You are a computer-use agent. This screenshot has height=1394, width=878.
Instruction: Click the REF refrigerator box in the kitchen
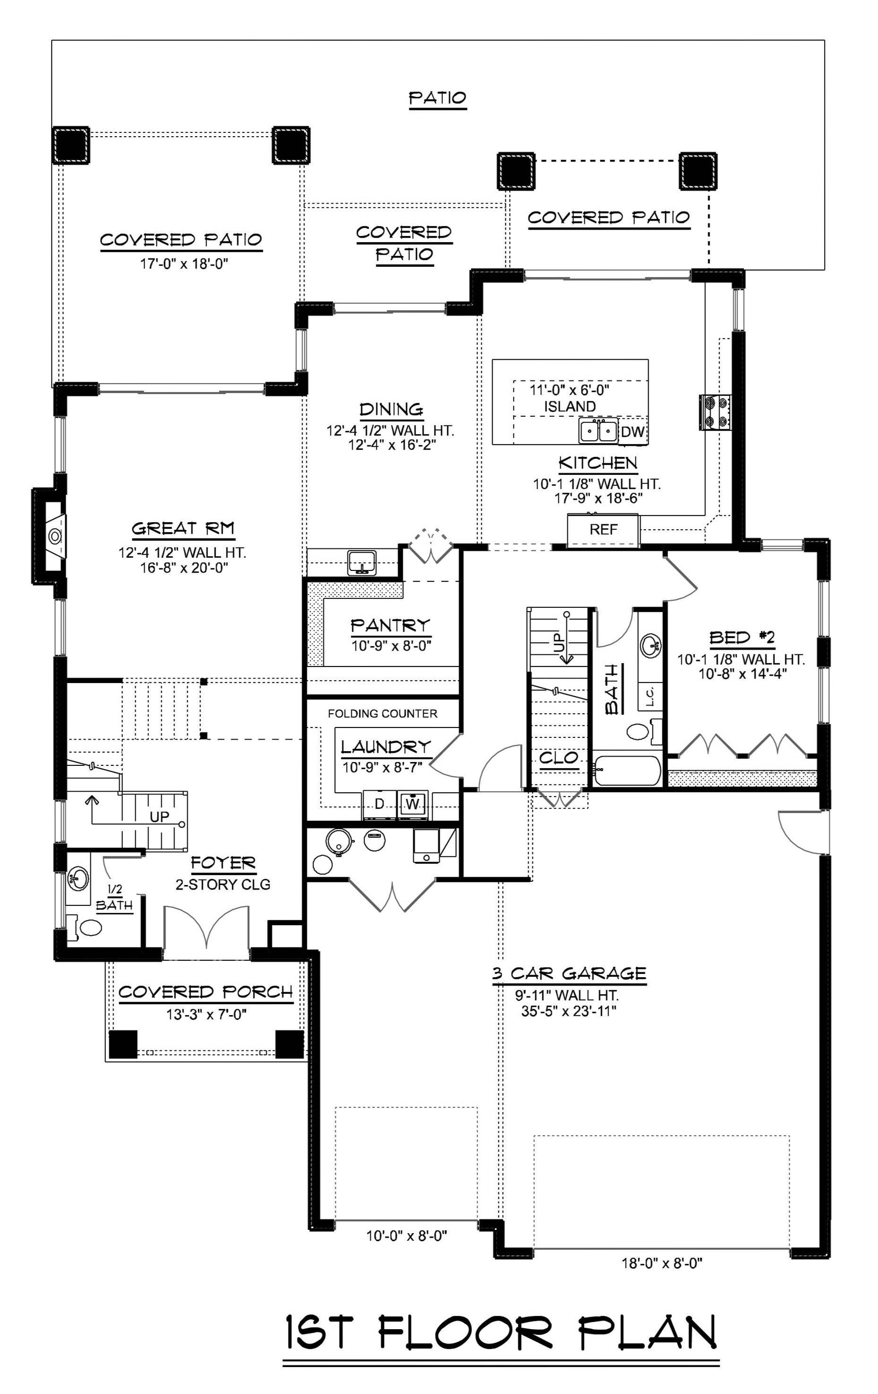[603, 530]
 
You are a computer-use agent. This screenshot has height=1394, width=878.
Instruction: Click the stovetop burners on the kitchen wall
[716, 412]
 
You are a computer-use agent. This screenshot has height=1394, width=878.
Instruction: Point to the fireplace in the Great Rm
[53, 536]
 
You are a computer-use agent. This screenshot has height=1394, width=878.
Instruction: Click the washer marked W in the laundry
[412, 804]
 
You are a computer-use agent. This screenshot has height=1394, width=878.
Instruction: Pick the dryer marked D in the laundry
[380, 804]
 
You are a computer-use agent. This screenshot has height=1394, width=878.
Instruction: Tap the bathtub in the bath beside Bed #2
[627, 770]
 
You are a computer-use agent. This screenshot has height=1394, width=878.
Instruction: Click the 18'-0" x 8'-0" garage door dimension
[662, 1263]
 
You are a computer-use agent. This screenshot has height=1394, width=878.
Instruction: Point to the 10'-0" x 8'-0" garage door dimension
[407, 1236]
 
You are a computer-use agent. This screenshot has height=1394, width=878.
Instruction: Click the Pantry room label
[391, 625]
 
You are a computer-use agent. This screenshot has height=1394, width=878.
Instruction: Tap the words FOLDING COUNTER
[382, 714]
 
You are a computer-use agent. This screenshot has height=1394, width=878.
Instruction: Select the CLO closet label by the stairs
[559, 758]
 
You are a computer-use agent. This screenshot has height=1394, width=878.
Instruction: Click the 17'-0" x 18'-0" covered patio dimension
[184, 264]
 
